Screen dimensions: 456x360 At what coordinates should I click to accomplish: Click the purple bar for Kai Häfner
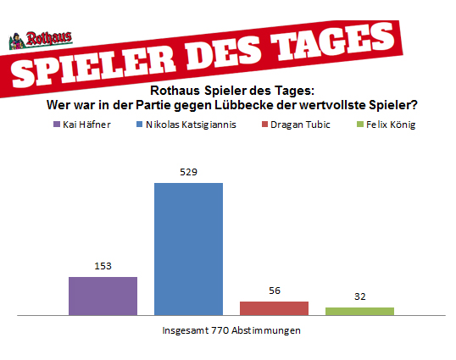click(103, 296)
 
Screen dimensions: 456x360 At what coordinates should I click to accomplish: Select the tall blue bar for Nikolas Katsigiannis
click(188, 249)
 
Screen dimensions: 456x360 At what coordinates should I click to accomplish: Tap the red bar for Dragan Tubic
click(274, 308)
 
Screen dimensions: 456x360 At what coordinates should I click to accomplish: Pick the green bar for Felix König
click(359, 311)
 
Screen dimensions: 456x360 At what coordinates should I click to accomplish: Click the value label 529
click(188, 172)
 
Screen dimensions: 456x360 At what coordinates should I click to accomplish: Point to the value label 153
click(103, 266)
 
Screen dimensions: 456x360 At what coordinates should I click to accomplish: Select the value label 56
click(275, 291)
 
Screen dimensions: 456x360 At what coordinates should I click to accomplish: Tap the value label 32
click(360, 296)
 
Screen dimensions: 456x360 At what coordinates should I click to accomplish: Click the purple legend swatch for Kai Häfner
click(57, 125)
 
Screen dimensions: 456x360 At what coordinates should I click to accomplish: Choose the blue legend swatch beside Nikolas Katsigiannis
click(140, 125)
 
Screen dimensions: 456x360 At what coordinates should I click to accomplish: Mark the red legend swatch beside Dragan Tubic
click(264, 125)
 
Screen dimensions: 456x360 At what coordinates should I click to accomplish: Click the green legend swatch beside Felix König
click(360, 125)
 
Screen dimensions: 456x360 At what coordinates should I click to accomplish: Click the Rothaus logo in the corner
click(41, 40)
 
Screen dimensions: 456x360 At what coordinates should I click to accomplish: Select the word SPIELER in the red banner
click(93, 66)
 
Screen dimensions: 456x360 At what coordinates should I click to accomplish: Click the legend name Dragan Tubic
click(300, 125)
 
